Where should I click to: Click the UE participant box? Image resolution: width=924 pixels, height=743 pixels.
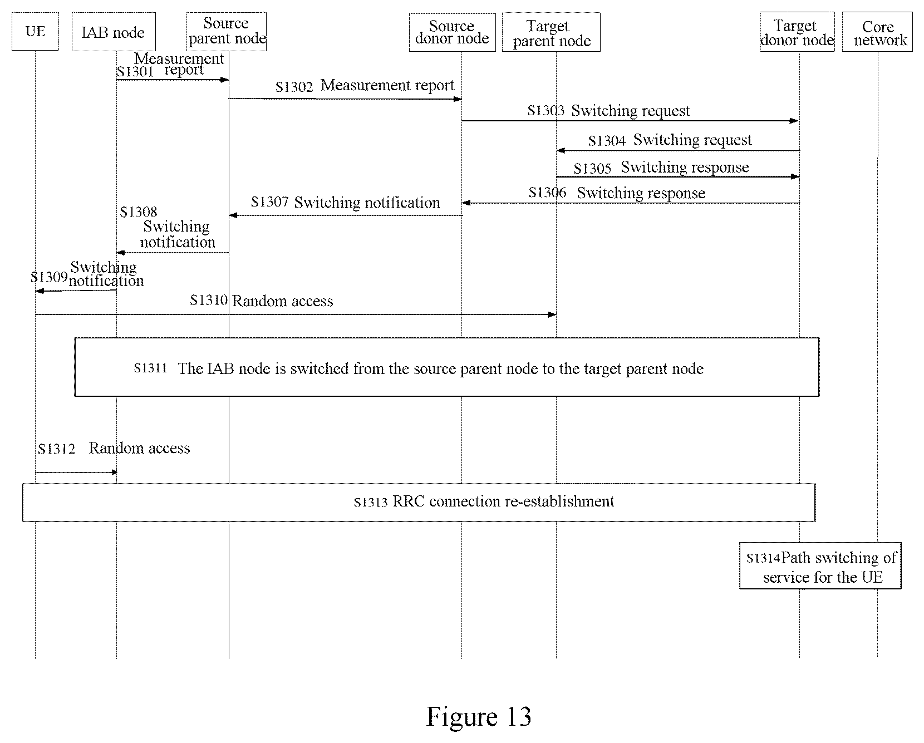(x=35, y=31)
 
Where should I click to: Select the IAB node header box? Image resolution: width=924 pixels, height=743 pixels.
(x=114, y=32)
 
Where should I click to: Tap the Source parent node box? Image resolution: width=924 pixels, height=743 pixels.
(x=227, y=32)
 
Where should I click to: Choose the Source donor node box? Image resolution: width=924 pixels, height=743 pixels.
(x=452, y=32)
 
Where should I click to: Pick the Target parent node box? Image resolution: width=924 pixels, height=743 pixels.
(x=551, y=32)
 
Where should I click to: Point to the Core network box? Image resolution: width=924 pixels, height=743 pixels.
(x=877, y=32)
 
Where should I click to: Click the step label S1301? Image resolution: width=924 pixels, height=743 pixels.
(x=135, y=72)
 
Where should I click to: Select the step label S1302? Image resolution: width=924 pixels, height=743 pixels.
(x=294, y=87)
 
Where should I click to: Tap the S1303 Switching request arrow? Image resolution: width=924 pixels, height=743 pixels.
(x=630, y=121)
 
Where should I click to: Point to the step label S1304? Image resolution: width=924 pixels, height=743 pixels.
(x=607, y=141)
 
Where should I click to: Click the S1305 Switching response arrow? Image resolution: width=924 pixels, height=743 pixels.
(x=678, y=176)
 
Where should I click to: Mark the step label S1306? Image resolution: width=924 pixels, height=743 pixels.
(x=547, y=193)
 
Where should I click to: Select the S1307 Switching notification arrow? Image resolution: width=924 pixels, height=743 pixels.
(x=346, y=215)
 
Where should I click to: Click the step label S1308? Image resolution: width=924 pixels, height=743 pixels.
(x=139, y=212)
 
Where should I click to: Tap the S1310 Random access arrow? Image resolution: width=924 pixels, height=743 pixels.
(x=296, y=314)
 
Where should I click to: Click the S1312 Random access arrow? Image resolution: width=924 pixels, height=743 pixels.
(x=76, y=473)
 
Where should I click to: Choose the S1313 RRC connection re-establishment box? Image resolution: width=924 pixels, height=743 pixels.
(x=419, y=503)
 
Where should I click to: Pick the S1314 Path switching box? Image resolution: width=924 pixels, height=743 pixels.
(x=820, y=565)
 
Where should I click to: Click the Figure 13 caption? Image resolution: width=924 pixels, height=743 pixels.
(x=479, y=716)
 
